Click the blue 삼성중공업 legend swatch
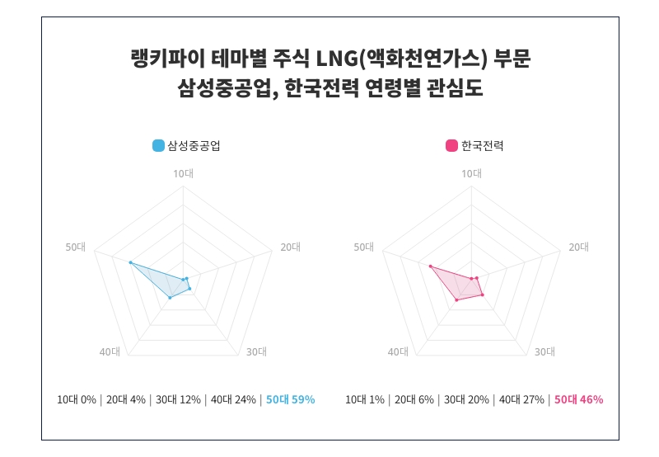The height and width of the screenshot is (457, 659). tap(159, 146)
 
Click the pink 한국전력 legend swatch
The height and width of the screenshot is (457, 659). tap(451, 146)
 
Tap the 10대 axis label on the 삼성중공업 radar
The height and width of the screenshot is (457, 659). tap(182, 173)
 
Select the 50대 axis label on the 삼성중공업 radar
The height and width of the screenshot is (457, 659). tap(75, 247)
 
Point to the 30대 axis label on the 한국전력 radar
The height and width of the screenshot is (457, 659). tap(544, 352)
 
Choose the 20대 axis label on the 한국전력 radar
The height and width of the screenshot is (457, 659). tap(579, 247)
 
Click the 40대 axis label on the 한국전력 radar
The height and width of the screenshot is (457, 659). tap(398, 352)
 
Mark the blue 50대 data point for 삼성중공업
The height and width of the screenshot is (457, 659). tap(130, 262)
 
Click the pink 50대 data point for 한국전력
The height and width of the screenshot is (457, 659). tap(430, 266)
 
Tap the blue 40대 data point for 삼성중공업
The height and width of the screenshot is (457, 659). tap(170, 297)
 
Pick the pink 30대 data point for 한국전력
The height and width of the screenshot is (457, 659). tap(482, 294)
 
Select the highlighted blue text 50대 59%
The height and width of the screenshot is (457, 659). tap(290, 400)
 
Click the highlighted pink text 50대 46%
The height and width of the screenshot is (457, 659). tap(578, 400)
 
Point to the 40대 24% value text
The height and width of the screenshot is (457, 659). tap(233, 400)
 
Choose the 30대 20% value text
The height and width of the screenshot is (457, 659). tap(465, 400)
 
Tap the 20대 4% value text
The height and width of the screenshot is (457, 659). tap(125, 400)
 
